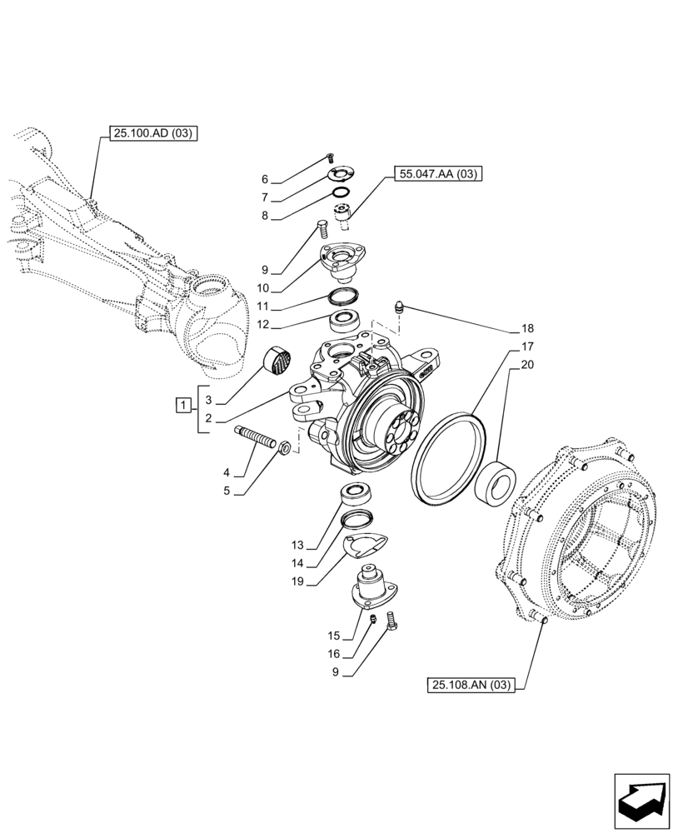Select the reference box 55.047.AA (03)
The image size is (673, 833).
[434, 174]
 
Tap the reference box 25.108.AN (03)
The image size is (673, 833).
[471, 686]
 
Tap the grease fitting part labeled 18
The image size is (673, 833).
[400, 308]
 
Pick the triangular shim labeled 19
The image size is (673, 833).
[363, 548]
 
